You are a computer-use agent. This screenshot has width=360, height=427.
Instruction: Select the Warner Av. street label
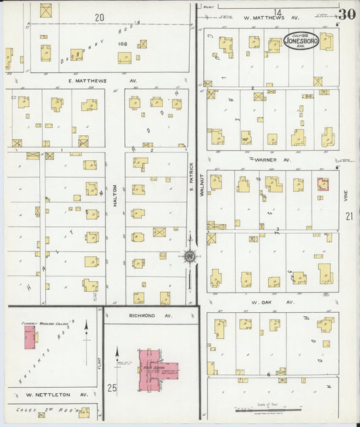(274, 160)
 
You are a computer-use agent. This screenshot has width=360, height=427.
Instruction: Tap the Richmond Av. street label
(141, 316)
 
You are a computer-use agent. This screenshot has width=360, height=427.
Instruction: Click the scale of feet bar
(267, 409)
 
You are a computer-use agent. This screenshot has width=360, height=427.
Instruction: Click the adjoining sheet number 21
(349, 216)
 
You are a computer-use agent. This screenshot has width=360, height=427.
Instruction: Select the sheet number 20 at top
(99, 18)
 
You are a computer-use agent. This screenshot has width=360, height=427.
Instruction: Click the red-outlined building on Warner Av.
(324, 184)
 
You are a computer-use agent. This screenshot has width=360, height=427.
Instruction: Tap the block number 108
(122, 43)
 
